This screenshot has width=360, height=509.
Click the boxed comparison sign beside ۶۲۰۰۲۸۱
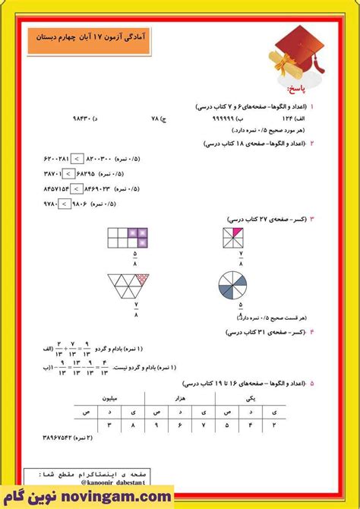coord(77,158)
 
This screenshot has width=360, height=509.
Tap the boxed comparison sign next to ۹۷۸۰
coord(65,204)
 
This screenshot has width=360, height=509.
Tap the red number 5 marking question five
coord(312,384)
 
